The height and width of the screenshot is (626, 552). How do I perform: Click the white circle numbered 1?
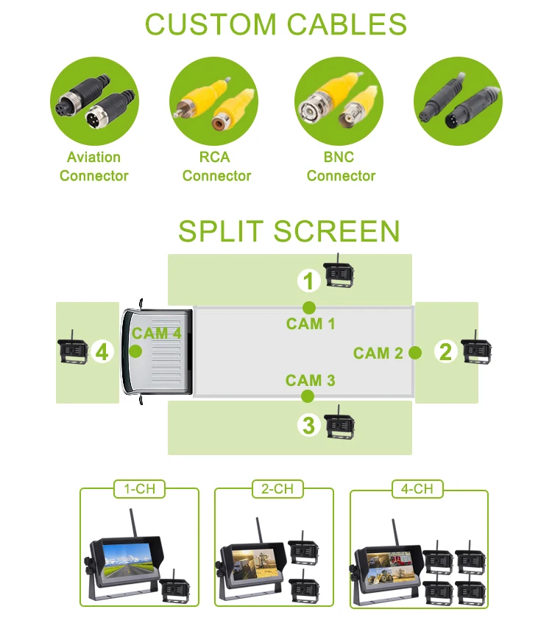tap(309, 281)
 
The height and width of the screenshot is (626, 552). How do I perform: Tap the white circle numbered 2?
tap(445, 352)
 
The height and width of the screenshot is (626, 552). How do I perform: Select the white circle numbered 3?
tap(309, 425)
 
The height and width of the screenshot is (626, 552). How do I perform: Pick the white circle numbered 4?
tap(102, 353)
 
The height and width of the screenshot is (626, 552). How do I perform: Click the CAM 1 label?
tap(311, 323)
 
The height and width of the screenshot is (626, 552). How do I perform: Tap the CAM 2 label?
tap(378, 353)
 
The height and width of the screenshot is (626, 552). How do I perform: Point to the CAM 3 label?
tap(311, 380)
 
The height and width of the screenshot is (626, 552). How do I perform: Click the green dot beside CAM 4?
tap(135, 351)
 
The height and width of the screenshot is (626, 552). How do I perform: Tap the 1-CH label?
tap(139, 488)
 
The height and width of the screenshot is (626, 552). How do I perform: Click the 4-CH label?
tap(419, 488)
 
